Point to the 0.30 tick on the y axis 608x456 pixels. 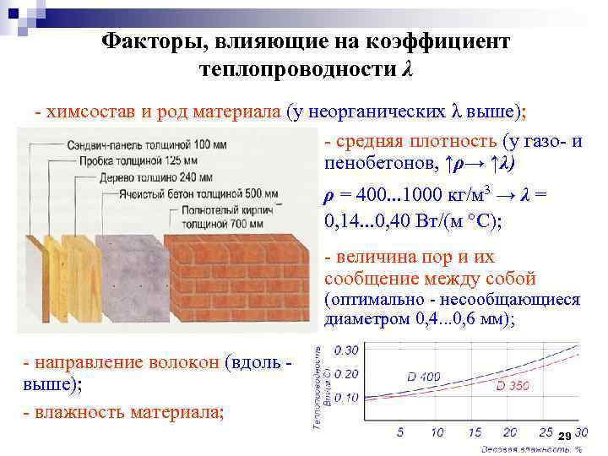click(x=348, y=350)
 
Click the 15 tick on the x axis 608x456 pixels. click(x=475, y=432)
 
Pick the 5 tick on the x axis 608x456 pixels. click(x=400, y=432)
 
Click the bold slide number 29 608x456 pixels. click(x=564, y=434)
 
